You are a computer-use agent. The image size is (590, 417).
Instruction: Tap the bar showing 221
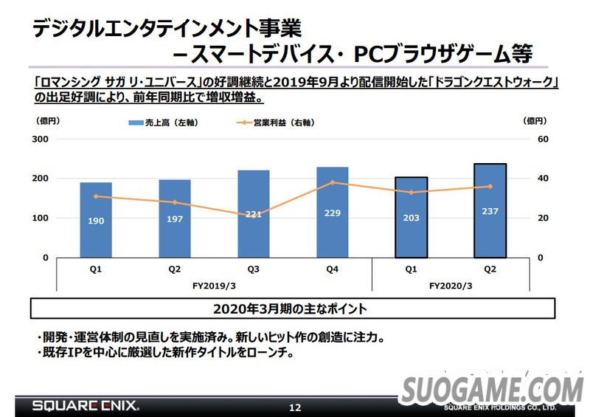point(253,214)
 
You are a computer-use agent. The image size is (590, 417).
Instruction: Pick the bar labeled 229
point(332,213)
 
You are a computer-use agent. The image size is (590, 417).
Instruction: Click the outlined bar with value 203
point(411,218)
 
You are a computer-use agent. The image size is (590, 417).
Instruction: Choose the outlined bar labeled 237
point(490,211)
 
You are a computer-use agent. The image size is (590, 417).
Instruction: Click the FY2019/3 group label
point(214,286)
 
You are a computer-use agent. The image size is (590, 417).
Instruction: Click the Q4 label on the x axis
point(332,270)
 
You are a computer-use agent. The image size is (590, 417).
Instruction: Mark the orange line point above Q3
point(253,215)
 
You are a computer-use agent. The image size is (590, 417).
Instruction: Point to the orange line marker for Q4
point(332,182)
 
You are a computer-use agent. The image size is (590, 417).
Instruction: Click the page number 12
point(295,407)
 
